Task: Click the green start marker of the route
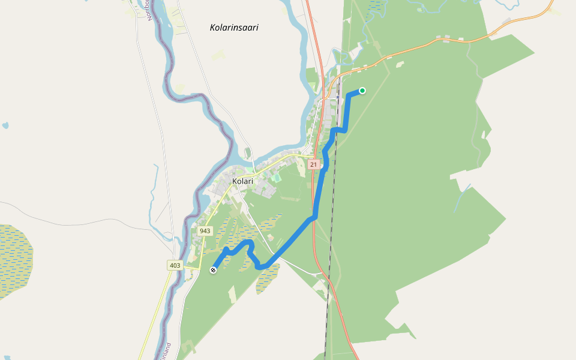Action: point(362,91)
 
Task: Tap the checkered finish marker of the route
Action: point(213,270)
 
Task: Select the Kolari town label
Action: point(243,181)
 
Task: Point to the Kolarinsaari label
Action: point(234,28)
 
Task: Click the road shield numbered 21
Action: point(313,164)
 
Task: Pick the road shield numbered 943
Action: point(205,231)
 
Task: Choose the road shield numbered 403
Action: point(175,265)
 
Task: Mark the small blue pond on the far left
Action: point(5,126)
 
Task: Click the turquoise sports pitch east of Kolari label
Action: point(276,178)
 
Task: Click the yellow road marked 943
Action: point(203,246)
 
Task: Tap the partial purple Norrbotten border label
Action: point(151,10)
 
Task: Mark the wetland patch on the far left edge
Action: point(15,258)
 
